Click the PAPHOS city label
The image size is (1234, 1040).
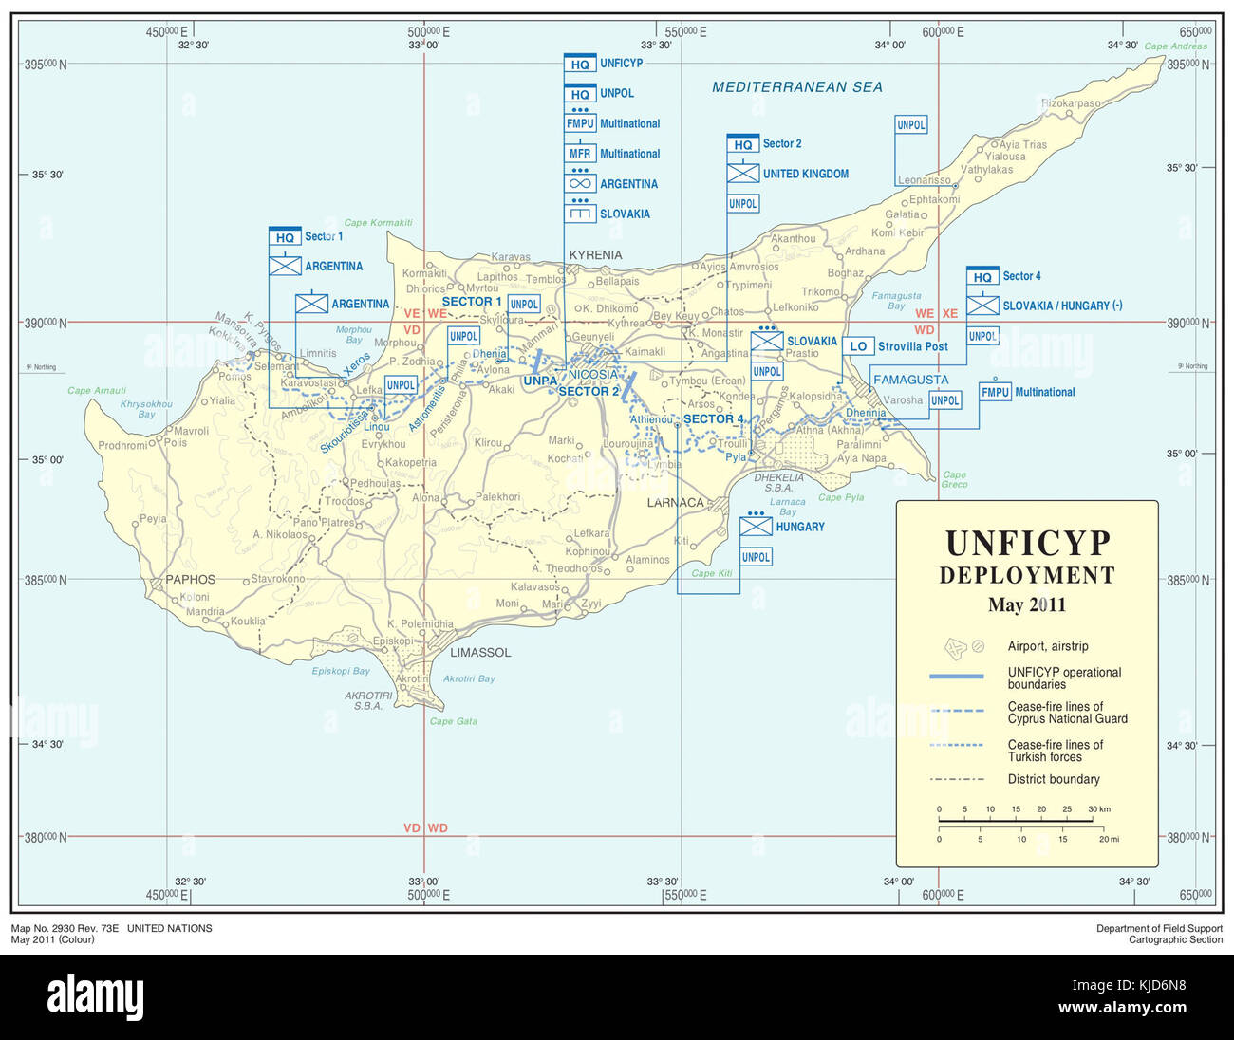(190, 579)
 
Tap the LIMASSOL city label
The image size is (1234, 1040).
(480, 653)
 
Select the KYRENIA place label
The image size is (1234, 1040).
(595, 255)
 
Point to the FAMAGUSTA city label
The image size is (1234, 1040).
(910, 380)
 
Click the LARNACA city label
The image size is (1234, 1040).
(676, 503)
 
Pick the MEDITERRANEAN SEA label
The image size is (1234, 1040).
(796, 87)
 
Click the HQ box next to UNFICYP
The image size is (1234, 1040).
(580, 65)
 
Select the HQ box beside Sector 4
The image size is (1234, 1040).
(982, 277)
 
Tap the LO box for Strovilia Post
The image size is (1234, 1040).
(858, 346)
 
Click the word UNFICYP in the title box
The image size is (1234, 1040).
(1027, 544)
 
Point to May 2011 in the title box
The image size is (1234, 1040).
(1026, 605)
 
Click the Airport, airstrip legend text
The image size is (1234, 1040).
(1048, 646)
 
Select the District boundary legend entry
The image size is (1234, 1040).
(1054, 779)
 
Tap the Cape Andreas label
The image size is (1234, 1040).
(1175, 46)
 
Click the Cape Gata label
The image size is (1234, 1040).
(454, 721)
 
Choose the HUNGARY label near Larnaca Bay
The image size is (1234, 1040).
(800, 527)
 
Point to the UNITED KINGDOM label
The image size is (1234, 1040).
(806, 174)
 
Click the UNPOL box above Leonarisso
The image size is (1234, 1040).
(911, 124)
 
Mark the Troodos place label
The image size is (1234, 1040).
(345, 501)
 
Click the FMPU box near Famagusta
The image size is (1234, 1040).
(995, 392)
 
